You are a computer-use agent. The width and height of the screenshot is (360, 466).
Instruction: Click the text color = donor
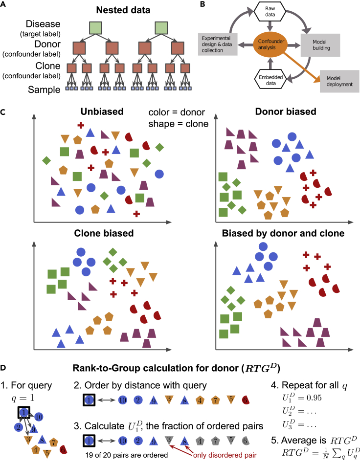179,113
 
